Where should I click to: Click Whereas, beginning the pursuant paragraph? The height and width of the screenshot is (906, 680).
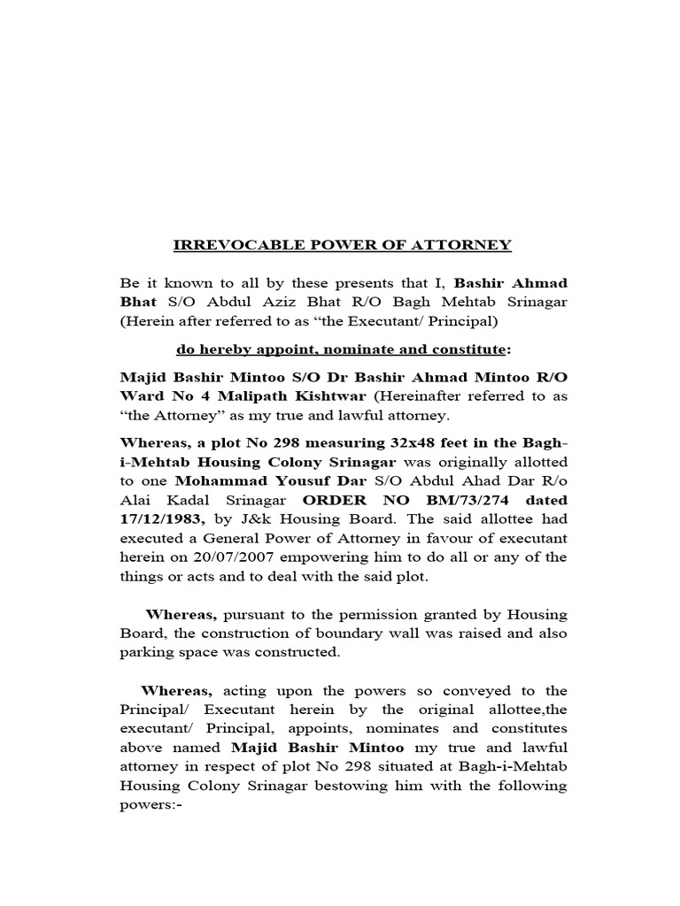pos(181,615)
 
